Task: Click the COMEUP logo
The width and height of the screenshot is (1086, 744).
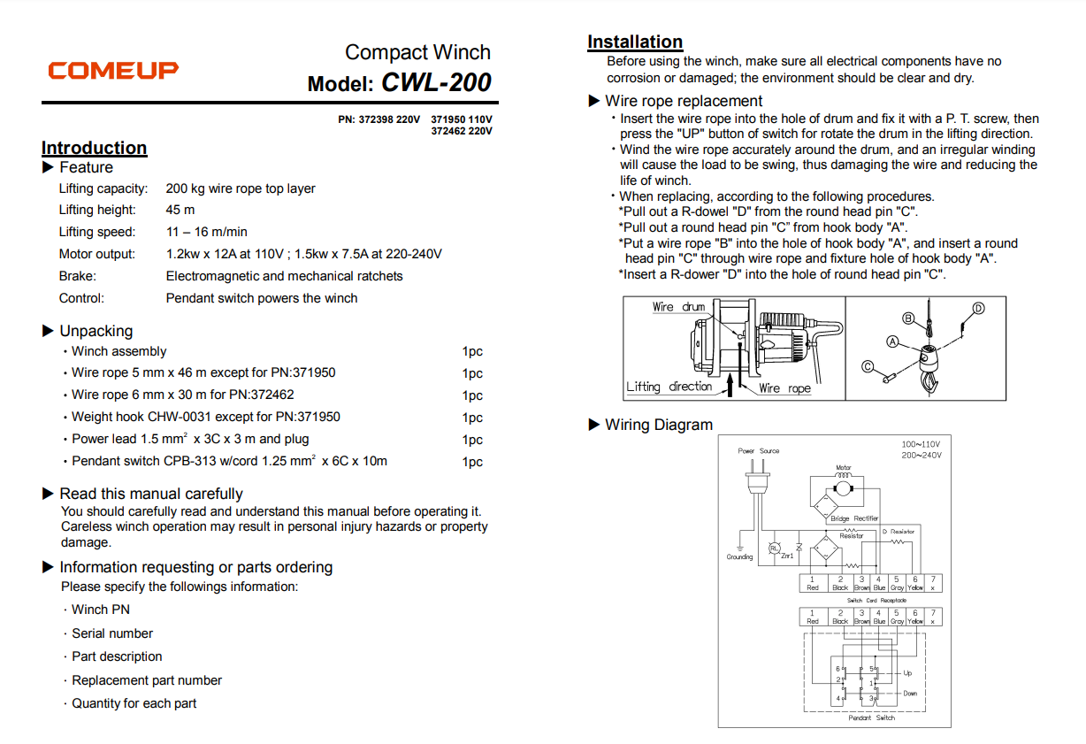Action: click(x=112, y=70)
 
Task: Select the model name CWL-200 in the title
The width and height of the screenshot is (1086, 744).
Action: click(x=436, y=83)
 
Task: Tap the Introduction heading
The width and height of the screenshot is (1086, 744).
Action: click(x=94, y=148)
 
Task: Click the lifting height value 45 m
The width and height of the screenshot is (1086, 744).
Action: click(x=180, y=210)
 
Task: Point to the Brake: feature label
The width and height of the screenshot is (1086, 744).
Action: click(x=78, y=276)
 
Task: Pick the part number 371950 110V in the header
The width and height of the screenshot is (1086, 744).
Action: click(x=462, y=119)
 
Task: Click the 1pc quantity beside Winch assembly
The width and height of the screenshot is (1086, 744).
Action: click(x=472, y=351)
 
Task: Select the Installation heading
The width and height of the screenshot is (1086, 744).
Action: click(x=635, y=42)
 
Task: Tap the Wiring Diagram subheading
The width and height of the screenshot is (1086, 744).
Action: click(x=658, y=425)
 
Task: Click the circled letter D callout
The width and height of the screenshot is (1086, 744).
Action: click(x=978, y=309)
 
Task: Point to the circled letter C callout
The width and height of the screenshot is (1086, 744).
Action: click(x=868, y=365)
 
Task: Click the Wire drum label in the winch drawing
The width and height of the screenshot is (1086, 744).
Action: click(x=678, y=307)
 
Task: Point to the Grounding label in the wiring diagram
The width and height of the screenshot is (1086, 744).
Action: click(x=739, y=557)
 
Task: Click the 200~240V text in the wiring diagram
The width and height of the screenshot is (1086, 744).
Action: click(x=921, y=455)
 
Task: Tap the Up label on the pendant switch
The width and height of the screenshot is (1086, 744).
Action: click(x=907, y=673)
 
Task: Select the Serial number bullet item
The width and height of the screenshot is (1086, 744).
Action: click(x=112, y=633)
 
